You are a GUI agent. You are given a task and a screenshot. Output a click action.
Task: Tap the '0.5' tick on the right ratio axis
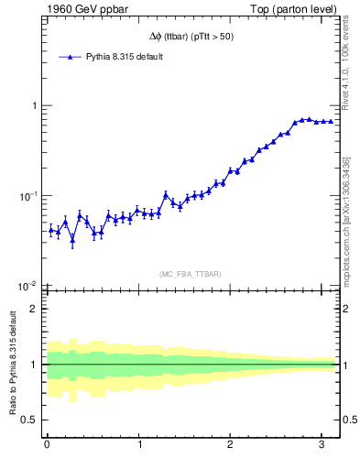tap(351, 420)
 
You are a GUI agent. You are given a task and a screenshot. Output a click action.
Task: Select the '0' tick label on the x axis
tap(47, 445)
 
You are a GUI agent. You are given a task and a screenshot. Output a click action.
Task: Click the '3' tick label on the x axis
tap(322, 445)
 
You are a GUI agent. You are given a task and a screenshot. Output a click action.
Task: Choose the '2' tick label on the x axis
tap(231, 445)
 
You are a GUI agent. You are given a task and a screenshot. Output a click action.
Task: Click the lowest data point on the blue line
tap(72, 240)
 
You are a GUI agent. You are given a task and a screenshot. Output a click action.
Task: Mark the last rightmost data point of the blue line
tap(331, 121)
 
